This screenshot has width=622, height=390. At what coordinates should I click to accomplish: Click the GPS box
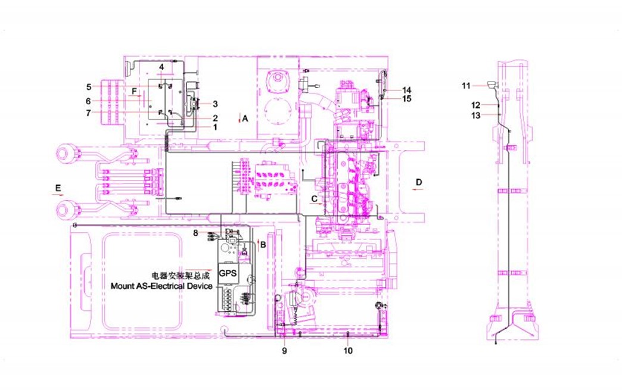pos(228,273)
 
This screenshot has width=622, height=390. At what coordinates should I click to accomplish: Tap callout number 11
pos(466,86)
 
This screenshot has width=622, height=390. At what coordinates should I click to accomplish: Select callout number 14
pos(406,91)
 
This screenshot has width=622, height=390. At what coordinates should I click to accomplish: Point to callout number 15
pos(406,99)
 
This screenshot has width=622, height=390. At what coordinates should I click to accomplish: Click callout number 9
pos(284,351)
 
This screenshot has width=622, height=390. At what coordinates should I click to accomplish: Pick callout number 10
pos(348,351)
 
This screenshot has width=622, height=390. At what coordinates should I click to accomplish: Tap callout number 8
pos(195,233)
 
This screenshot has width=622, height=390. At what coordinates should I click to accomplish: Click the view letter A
pos(245,118)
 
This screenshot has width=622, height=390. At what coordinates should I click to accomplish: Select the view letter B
pos(263,245)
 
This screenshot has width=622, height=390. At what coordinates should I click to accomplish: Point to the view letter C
pos(314,199)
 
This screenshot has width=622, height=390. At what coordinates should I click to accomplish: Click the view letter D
pos(419,182)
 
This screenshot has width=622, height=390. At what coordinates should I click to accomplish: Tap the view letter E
pos(58,188)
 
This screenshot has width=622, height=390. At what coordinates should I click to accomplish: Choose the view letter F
pos(135,92)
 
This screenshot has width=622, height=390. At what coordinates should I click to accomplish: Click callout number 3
pos(215,104)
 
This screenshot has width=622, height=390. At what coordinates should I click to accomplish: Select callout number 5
pos(89,87)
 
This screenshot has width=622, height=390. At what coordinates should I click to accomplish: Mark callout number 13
pos(475,116)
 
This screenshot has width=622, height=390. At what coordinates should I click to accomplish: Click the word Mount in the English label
pos(123,286)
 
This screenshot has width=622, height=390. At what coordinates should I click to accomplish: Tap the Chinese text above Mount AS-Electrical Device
pos(181,276)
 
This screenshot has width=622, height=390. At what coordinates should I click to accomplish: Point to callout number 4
pos(161,67)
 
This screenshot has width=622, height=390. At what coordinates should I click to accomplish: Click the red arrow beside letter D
pos(417,189)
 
